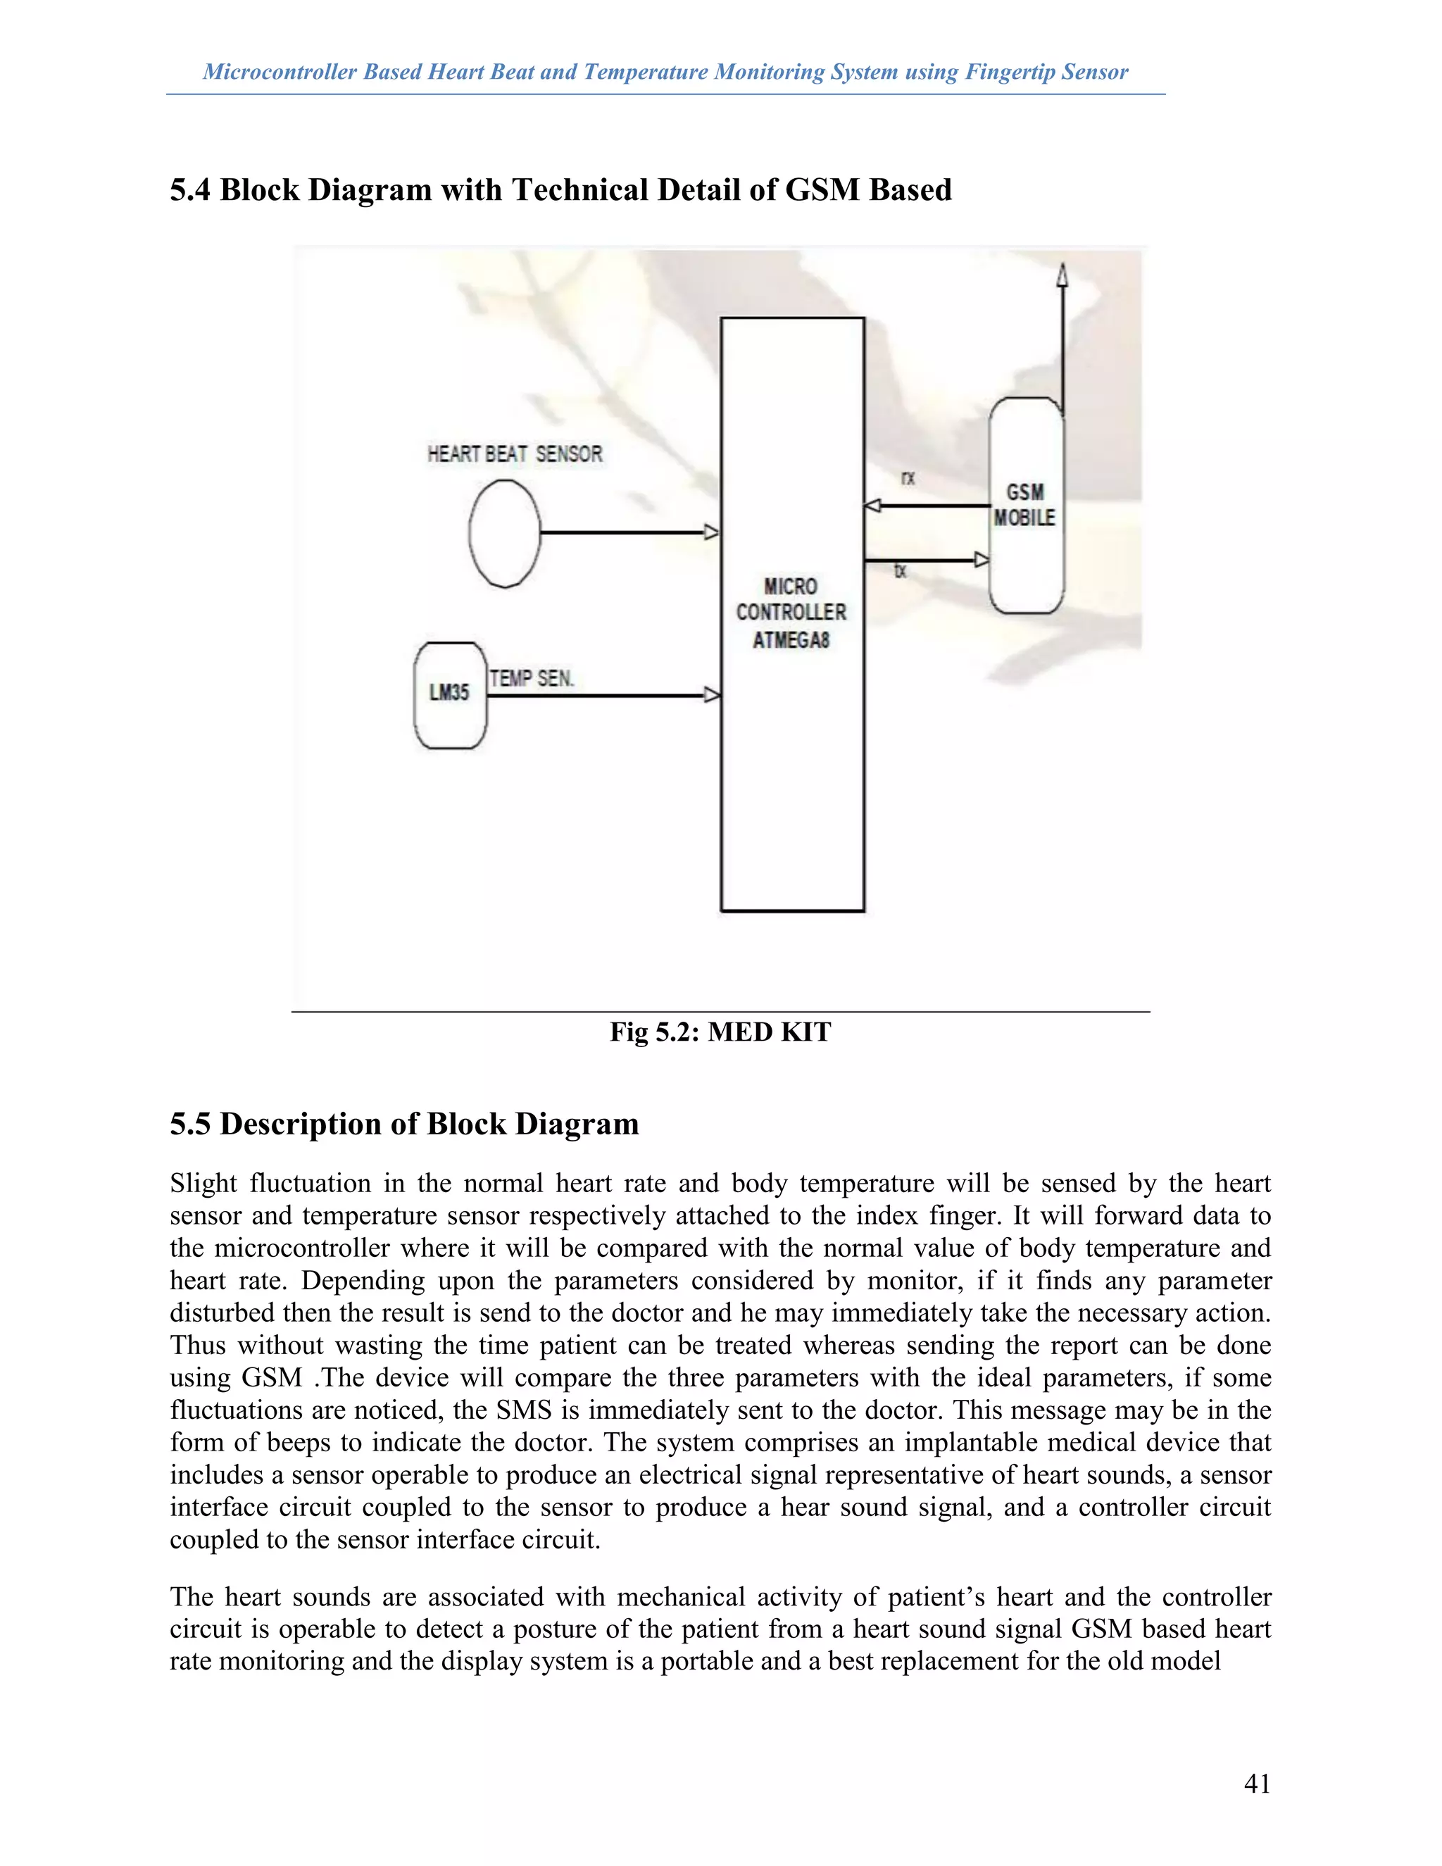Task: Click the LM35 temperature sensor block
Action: coord(449,694)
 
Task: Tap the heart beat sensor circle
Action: coord(505,534)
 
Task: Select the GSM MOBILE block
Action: coord(1026,506)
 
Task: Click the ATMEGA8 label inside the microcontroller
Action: coord(791,640)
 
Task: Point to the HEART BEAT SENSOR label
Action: coord(514,453)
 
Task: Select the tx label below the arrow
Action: coord(901,572)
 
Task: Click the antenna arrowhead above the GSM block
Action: coord(1062,275)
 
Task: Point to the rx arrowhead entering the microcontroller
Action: coord(873,506)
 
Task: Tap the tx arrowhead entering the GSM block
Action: coord(982,561)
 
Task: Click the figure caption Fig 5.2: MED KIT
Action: coord(720,1032)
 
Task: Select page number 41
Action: coord(1257,1783)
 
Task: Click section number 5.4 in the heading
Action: coord(189,189)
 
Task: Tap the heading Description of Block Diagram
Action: coord(429,1124)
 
